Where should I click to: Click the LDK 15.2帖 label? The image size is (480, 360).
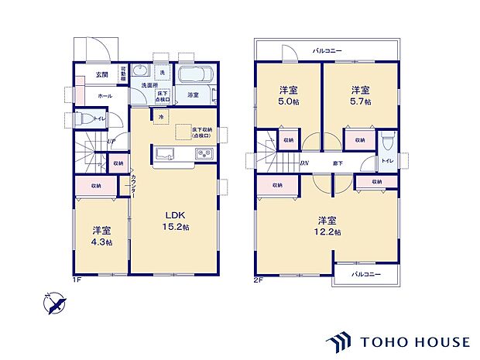point(173,221)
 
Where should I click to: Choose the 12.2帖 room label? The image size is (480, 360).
point(326,226)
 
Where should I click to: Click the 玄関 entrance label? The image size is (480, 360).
point(101,74)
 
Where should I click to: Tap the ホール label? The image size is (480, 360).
point(105,95)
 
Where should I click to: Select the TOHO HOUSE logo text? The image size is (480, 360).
point(413,341)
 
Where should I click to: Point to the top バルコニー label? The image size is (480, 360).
point(327,51)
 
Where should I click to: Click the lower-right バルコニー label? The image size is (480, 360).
point(365,275)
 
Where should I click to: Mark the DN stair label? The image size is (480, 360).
point(305,163)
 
